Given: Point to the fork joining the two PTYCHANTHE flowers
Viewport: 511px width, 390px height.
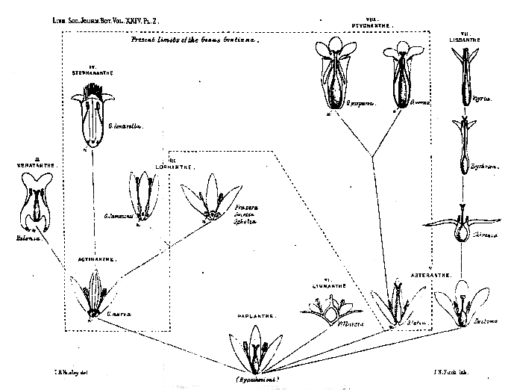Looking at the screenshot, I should point(371,155).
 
